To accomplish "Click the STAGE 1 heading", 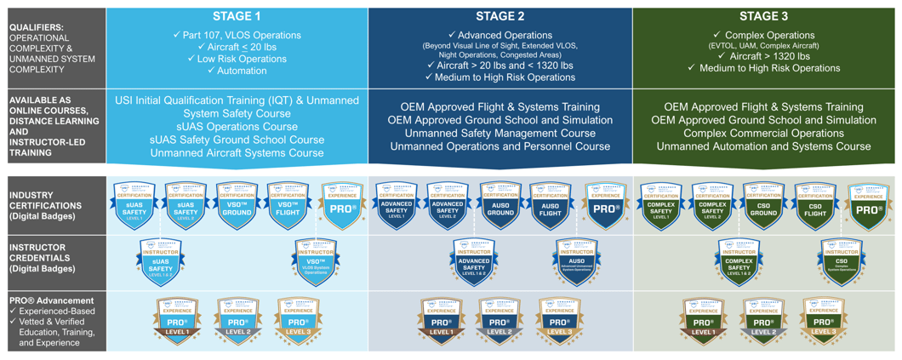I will click(237, 16).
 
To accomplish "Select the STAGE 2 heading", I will click(500, 16).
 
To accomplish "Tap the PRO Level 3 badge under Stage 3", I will click(823, 322).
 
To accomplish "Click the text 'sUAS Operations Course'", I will click(237, 126).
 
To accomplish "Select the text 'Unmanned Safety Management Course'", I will click(500, 134).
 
